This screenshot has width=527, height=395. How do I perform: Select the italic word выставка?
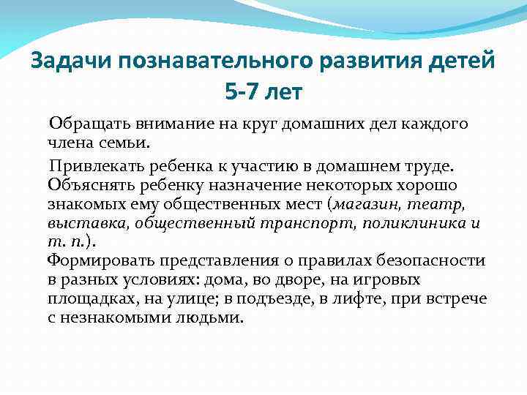pyautogui.click(x=78, y=222)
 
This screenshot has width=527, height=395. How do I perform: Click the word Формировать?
pyautogui.click(x=96, y=261)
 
